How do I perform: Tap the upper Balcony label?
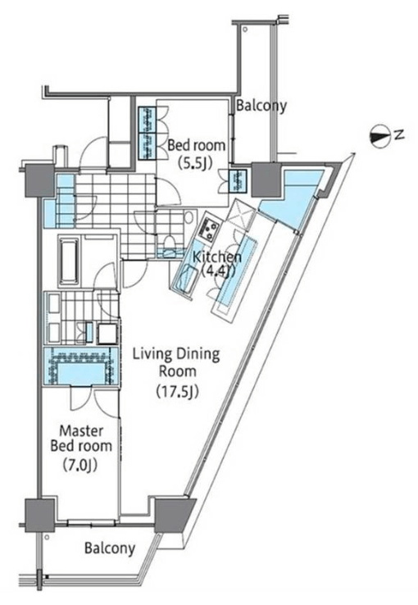(261, 105)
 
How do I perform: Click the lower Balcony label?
(110, 548)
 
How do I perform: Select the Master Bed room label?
(81, 439)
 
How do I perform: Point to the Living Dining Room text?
(176, 362)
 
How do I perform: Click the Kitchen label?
(217, 257)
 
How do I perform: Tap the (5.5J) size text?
(196, 163)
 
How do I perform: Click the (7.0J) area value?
(80, 466)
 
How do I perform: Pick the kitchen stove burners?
(209, 230)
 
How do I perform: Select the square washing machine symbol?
(107, 333)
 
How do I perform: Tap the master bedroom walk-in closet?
(80, 366)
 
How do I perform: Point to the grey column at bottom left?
(39, 516)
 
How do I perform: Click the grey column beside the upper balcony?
(266, 179)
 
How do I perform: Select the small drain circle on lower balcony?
(47, 537)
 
